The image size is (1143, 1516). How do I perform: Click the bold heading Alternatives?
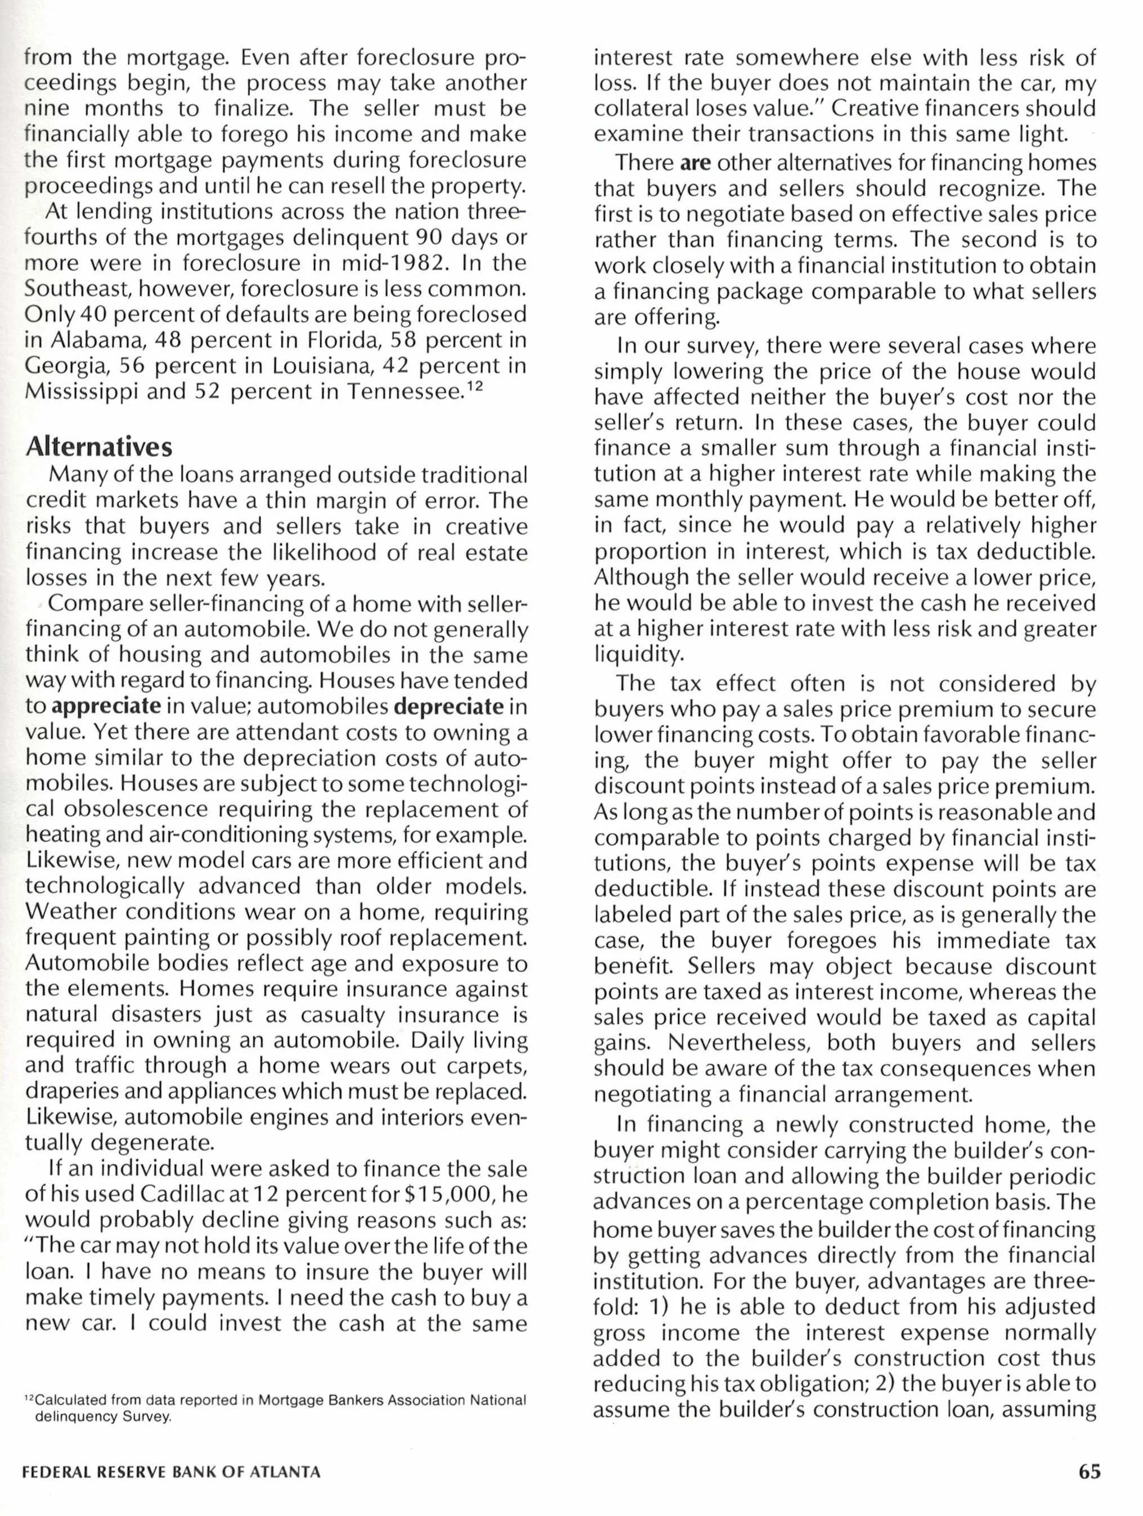pos(98,447)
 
